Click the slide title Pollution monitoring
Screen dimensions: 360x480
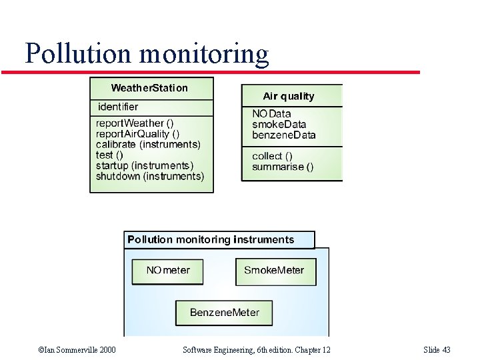tap(147, 53)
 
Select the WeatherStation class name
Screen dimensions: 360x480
tap(149, 88)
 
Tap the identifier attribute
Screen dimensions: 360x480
tap(118, 107)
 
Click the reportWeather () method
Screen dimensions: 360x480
tap(135, 123)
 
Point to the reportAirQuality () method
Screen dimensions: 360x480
tap(137, 133)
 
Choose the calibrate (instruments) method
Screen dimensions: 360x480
tap(147, 144)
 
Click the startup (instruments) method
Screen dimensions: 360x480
tap(144, 165)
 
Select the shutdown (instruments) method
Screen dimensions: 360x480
tap(149, 176)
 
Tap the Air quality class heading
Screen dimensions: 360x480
tap(288, 96)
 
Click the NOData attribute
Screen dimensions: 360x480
tap(271, 113)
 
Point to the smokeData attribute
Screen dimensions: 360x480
tap(279, 124)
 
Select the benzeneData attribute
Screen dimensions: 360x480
tap(283, 135)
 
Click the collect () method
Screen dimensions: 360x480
tap(272, 156)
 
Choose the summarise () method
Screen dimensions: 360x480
tap(282, 167)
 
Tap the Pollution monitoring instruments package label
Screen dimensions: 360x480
tap(211, 239)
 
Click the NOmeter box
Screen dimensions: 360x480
tap(167, 271)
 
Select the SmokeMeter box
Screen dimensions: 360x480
tap(274, 271)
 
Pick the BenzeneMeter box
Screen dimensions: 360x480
tap(225, 313)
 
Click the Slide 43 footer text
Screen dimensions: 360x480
tap(437, 350)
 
